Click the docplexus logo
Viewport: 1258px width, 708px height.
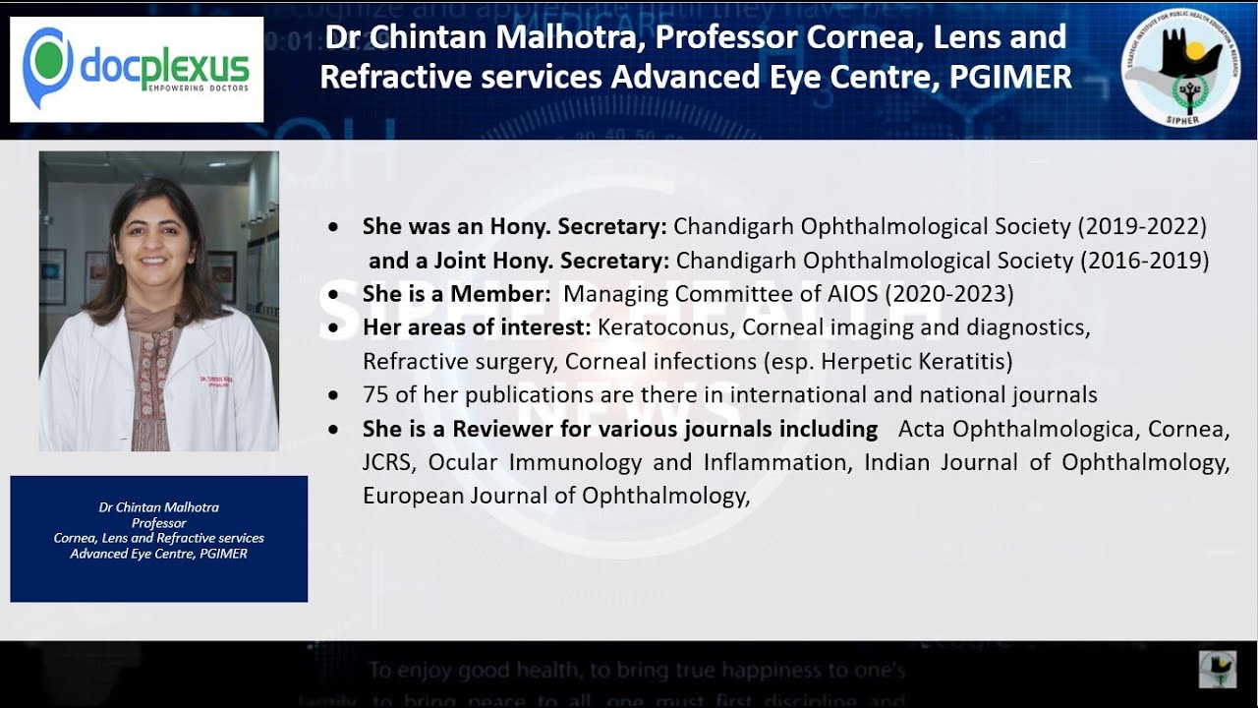point(137,68)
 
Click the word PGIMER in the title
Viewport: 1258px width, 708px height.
point(1010,78)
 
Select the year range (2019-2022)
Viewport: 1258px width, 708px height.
point(1142,226)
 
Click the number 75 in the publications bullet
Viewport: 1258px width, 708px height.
point(376,395)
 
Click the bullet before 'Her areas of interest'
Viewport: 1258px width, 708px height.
point(336,326)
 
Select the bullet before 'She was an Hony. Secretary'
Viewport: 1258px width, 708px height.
point(336,227)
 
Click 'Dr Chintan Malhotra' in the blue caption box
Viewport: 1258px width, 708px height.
point(159,507)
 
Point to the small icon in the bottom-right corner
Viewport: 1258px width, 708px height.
point(1218,669)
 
